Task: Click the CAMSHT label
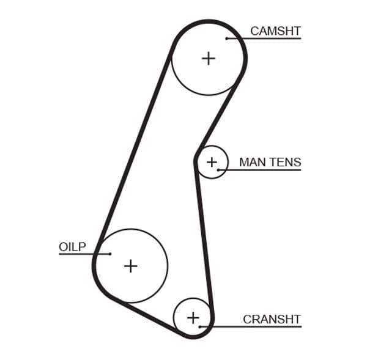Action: click(275, 31)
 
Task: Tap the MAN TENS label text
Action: click(270, 162)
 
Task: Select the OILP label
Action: click(72, 247)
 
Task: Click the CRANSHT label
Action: click(272, 319)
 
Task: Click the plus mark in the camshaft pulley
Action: click(209, 58)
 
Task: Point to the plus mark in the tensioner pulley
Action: click(212, 162)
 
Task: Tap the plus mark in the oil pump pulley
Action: click(130, 266)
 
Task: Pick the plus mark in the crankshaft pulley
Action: click(193, 318)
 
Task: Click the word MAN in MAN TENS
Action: click(251, 162)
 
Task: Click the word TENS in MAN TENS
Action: click(284, 162)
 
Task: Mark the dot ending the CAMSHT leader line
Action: click(227, 39)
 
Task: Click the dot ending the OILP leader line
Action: click(110, 254)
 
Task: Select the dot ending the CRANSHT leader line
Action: click(200, 326)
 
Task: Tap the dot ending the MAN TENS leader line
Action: click(218, 169)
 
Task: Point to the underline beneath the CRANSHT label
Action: click(257, 326)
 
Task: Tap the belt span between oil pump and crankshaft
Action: click(147, 316)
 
